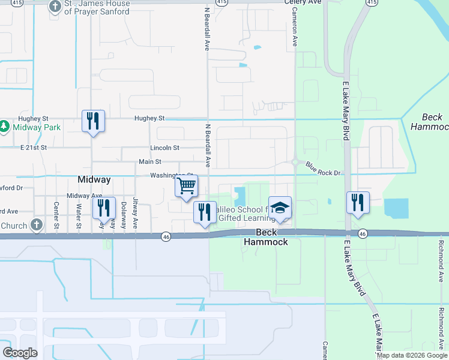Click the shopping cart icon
(x=187, y=186)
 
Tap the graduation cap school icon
(x=280, y=208)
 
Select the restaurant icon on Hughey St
(x=93, y=122)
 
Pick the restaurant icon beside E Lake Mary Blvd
(x=358, y=203)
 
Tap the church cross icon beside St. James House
(x=55, y=7)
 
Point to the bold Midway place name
(x=94, y=179)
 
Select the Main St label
(x=150, y=161)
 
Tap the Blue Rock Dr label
(x=323, y=169)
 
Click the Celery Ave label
(x=304, y=2)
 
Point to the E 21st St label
(x=34, y=148)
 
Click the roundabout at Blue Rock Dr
(x=295, y=161)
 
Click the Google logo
(x=20, y=353)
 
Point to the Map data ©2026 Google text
(x=412, y=355)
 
